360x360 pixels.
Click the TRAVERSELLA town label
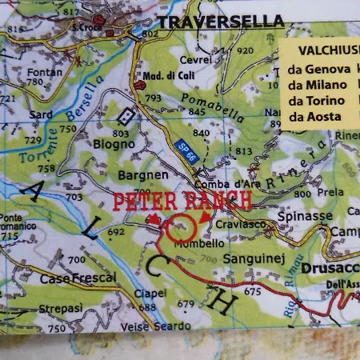pos(221,22)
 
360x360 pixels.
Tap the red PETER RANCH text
pos(182,201)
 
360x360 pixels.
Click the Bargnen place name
pos(143,174)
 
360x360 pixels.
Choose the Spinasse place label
pos(304,216)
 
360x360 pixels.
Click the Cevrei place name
pos(195,59)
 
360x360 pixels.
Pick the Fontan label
pos(43,71)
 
